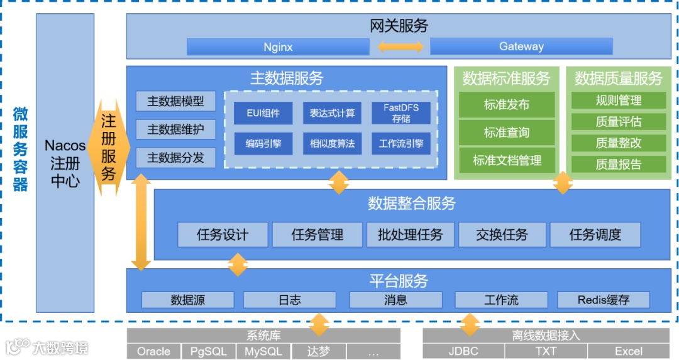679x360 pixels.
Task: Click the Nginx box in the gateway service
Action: click(277, 46)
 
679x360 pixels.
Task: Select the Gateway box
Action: click(521, 46)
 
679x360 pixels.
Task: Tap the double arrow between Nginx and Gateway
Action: click(400, 46)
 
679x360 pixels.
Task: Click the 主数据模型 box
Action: click(175, 101)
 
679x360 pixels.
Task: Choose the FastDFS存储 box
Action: click(401, 113)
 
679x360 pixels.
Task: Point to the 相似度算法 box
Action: click(331, 143)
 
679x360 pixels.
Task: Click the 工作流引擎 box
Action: click(401, 143)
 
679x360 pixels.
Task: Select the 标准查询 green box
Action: click(507, 133)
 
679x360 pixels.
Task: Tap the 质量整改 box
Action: click(618, 143)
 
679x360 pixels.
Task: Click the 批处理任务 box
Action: click(410, 235)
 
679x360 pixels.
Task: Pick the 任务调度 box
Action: click(595, 235)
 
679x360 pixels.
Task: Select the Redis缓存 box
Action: click(604, 300)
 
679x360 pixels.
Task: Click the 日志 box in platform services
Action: click(289, 300)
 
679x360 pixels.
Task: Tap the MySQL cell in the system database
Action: click(263, 351)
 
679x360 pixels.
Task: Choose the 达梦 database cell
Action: click(319, 351)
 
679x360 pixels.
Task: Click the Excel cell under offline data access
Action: click(628, 351)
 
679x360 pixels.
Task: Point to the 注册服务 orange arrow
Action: click(109, 146)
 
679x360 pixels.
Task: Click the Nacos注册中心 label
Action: click(65, 165)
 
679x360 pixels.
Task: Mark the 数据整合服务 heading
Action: click(412, 203)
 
